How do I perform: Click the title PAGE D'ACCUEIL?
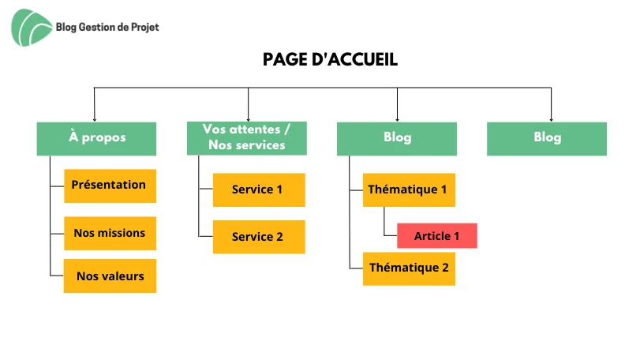(x=320, y=61)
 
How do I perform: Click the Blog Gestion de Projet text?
(x=107, y=27)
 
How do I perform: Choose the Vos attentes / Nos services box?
(x=247, y=138)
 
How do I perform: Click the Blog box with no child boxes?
(x=547, y=138)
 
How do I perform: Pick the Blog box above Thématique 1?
(x=397, y=138)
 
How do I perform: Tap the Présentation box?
(x=110, y=186)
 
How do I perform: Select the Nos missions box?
(x=110, y=233)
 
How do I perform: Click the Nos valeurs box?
(x=110, y=276)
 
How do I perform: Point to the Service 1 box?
(x=258, y=189)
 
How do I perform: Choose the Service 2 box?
(x=258, y=237)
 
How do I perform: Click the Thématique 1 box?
(x=408, y=189)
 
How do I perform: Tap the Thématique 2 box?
(x=408, y=268)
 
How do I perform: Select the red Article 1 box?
(x=436, y=236)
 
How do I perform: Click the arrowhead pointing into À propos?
(x=95, y=118)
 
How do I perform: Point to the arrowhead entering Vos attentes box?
(x=248, y=118)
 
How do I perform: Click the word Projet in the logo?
(x=143, y=27)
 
